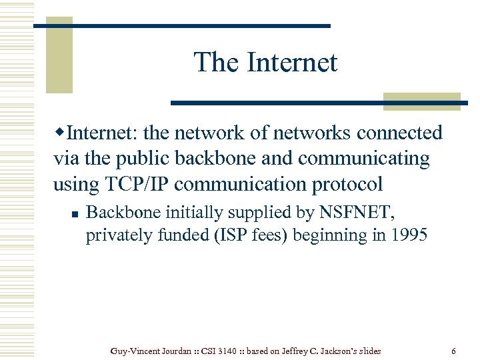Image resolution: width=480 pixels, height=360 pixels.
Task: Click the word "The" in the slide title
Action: (216, 63)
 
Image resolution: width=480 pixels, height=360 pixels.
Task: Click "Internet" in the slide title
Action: (292, 63)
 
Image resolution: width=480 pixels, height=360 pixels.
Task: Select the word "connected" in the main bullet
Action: (399, 133)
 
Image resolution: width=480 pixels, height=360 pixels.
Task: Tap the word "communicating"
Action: (364, 159)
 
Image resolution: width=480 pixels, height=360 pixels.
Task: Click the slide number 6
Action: (453, 351)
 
